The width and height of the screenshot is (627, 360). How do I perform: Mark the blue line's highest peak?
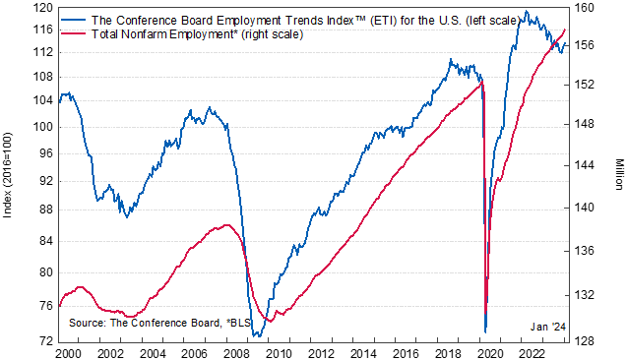coord(528,12)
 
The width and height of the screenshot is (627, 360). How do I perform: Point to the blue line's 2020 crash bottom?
coord(486,331)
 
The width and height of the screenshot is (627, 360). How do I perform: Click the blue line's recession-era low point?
coord(257,336)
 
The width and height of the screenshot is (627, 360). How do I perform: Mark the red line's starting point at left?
coord(60,302)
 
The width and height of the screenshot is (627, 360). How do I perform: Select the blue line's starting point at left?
coord(60,99)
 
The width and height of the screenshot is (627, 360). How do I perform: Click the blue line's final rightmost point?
coord(566,43)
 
